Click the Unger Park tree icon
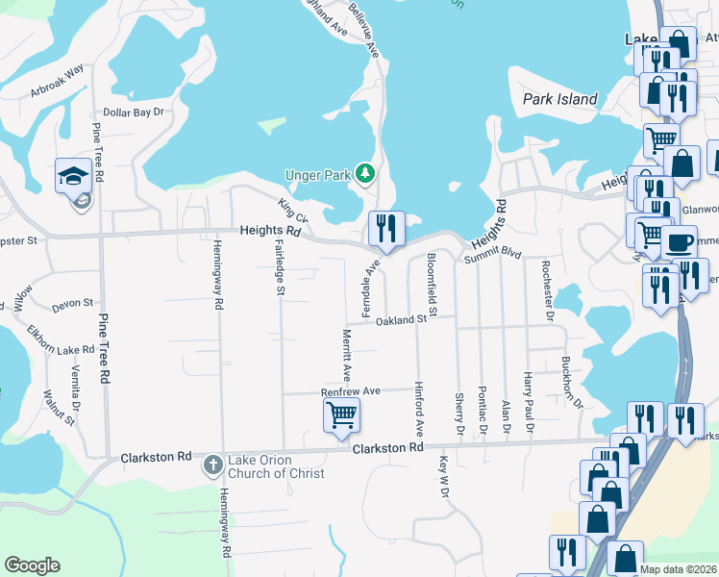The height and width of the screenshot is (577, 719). pos(364,174)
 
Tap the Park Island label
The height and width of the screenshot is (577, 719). pos(560,99)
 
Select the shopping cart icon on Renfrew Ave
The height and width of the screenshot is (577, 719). pos(340,416)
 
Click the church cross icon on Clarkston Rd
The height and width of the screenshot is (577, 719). pos(213,465)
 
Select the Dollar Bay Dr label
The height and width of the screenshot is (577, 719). pos(135,113)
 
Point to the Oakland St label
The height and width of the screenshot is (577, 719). pos(401,319)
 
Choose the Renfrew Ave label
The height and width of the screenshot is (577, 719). pos(352,391)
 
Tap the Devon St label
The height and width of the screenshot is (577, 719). pos(72,304)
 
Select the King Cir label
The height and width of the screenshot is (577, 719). pos(290,210)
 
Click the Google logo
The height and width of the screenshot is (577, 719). pos(32,565)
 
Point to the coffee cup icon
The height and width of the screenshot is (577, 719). pos(679,241)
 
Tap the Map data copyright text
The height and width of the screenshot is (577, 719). pos(679,569)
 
